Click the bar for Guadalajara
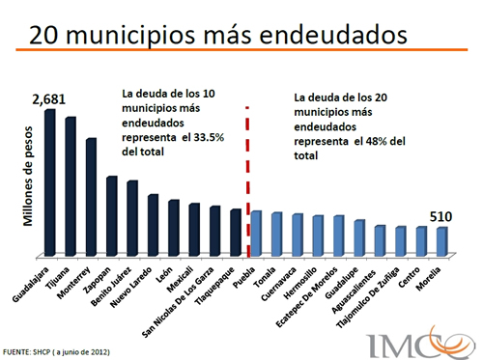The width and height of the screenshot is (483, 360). pyautogui.click(x=49, y=183)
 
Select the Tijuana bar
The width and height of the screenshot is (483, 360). pyautogui.click(x=71, y=187)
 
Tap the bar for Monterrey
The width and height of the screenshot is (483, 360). pyautogui.click(x=91, y=198)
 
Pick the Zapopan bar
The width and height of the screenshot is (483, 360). pyautogui.click(x=112, y=217)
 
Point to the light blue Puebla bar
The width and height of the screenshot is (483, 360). pyautogui.click(x=255, y=234)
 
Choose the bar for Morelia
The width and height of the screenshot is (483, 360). pyautogui.click(x=441, y=241)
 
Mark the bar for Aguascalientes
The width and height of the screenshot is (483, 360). pyautogui.click(x=380, y=240)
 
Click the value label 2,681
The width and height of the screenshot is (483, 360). pyautogui.click(x=49, y=99)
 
